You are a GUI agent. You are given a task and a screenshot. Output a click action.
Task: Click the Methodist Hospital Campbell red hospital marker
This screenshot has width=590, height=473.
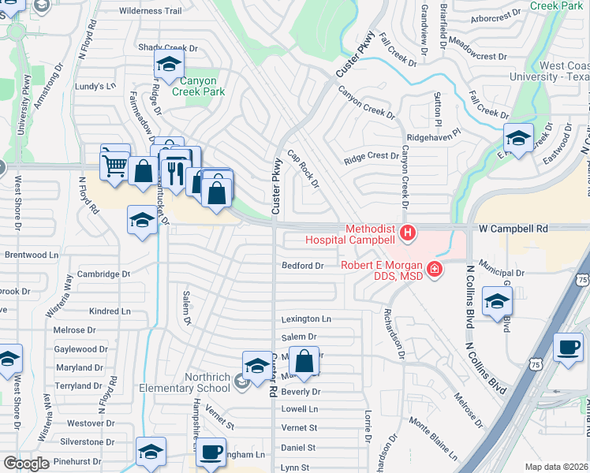click(x=407, y=233)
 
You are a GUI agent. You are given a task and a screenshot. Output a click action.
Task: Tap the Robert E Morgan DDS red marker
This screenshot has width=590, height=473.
click(x=434, y=270)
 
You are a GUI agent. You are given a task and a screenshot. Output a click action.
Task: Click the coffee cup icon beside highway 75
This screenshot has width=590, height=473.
click(x=568, y=346)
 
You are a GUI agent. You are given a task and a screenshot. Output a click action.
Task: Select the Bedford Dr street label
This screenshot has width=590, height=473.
click(x=303, y=266)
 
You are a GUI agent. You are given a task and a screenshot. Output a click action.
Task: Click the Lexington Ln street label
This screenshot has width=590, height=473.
click(x=306, y=318)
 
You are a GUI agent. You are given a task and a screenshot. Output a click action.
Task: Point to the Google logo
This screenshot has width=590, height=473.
click(x=25, y=464)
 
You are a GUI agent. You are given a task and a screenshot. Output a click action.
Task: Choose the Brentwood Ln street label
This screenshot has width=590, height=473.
click(x=32, y=255)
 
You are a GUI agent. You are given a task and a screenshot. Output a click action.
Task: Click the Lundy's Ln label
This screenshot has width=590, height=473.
click(x=95, y=85)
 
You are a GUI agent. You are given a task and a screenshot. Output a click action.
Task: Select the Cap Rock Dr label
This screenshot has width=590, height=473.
click(x=303, y=169)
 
